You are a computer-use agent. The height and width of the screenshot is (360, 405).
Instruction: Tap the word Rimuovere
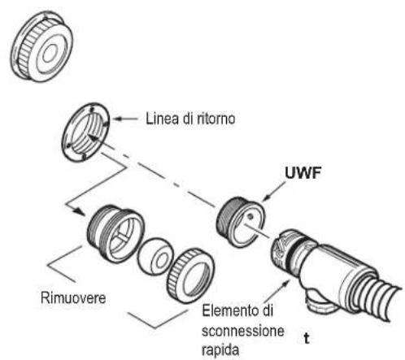pos(73,297)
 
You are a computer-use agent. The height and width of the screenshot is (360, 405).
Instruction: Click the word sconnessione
pos(243,331)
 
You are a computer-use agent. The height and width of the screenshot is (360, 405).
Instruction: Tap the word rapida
pos(220,350)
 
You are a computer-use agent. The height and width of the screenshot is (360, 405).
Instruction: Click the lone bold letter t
pos(307,339)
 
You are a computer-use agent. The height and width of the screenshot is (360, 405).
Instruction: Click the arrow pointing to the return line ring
pos(126,119)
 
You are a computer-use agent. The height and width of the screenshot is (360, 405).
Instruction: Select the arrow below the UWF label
pos(274,192)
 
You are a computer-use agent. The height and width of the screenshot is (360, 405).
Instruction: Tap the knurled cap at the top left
pos(41,46)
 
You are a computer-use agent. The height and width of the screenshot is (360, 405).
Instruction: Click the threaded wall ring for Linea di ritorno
pos(85,132)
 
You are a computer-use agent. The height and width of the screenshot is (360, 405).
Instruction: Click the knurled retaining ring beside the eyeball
pos(190,275)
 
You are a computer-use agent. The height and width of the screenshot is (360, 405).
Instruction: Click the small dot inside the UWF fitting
pos(250,216)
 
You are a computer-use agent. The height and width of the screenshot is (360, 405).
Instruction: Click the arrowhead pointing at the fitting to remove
pos(80,210)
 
